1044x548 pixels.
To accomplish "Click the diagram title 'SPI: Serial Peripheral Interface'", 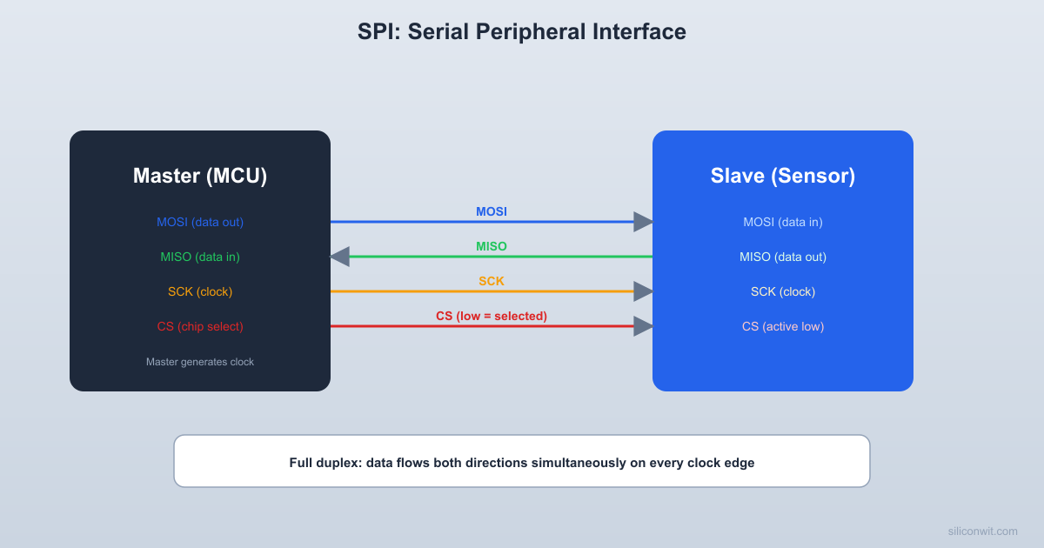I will pyautogui.click(x=522, y=32).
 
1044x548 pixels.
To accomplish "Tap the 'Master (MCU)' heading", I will pyautogui.click(x=200, y=176).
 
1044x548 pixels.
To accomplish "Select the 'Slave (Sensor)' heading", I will pyautogui.click(x=783, y=176).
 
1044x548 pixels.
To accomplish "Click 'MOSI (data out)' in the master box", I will pyautogui.click(x=200, y=222).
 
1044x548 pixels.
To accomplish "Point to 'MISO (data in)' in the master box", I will pyautogui.click(x=200, y=257).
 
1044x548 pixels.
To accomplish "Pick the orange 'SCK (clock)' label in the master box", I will pyautogui.click(x=200, y=291).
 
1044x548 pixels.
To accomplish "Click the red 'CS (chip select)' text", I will pyautogui.click(x=200, y=326).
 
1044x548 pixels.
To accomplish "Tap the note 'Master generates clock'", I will pyautogui.click(x=200, y=361).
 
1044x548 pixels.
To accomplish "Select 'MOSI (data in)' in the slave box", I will pyautogui.click(x=783, y=222).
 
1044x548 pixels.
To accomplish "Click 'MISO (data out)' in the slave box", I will pyautogui.click(x=783, y=257).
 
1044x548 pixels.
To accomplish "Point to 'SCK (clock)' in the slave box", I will pyautogui.click(x=783, y=291).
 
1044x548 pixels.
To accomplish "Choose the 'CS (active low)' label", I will pyautogui.click(x=783, y=326).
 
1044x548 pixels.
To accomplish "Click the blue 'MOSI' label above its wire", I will pyautogui.click(x=492, y=211).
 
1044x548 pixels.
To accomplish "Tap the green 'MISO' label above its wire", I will pyautogui.click(x=492, y=246).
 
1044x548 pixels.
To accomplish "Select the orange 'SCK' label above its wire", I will pyautogui.click(x=492, y=281).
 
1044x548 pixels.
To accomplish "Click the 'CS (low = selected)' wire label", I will pyautogui.click(x=492, y=316).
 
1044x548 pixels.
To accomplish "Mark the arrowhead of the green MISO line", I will pyautogui.click(x=339, y=257).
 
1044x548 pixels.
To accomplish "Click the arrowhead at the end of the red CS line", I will pyautogui.click(x=643, y=326).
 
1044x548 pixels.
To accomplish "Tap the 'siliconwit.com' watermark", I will pyautogui.click(x=982, y=531).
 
